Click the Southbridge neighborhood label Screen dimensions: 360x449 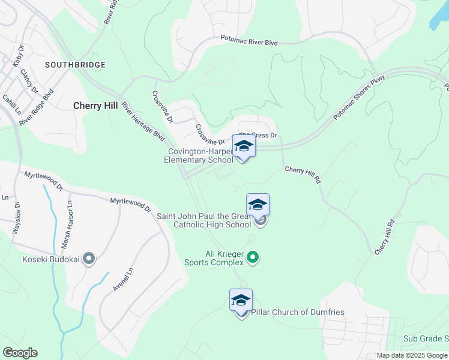(x=76, y=64)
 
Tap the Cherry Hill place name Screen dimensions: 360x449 (x=95, y=105)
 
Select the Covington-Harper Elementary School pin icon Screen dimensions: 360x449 (x=243, y=146)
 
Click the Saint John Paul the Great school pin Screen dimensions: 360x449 (x=258, y=205)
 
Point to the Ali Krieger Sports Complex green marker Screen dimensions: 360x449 (x=253, y=257)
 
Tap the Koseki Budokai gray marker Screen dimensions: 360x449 (x=89, y=259)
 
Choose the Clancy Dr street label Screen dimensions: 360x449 (x=29, y=82)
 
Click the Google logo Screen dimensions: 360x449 (x=20, y=353)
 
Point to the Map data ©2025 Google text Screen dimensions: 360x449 (x=412, y=355)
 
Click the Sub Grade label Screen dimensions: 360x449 (x=426, y=339)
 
